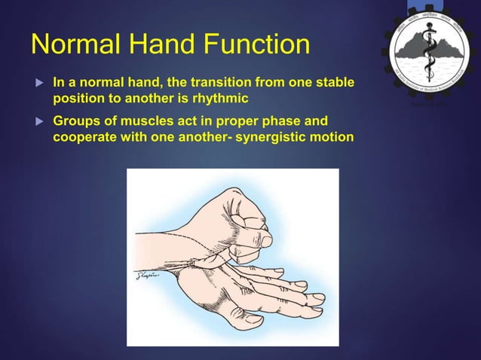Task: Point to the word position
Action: point(78,99)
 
